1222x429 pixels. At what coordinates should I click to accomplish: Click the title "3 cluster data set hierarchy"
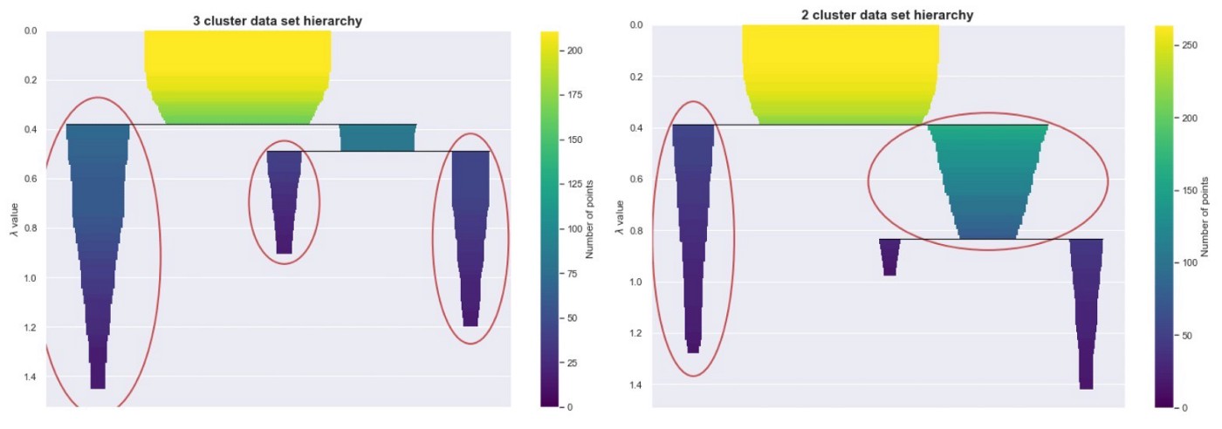[x=278, y=20]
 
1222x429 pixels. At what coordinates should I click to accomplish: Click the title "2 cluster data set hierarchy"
[x=888, y=15]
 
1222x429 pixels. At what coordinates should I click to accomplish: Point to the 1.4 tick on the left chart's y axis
[x=30, y=377]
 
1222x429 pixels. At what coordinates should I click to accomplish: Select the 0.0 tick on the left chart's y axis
[x=30, y=31]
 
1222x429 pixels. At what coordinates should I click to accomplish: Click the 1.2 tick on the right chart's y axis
[x=636, y=333]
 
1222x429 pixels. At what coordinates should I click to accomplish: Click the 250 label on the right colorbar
[x=1188, y=44]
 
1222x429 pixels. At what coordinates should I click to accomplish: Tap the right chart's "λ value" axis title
[x=619, y=217]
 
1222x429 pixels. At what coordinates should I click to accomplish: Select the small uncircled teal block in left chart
[x=377, y=138]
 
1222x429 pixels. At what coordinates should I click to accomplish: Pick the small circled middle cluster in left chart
[x=285, y=196]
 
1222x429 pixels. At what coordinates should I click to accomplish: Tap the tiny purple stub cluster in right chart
[x=889, y=255]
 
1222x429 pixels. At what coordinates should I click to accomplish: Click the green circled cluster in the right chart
[x=987, y=183]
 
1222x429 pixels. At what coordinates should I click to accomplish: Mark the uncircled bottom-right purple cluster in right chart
[x=1086, y=310]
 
